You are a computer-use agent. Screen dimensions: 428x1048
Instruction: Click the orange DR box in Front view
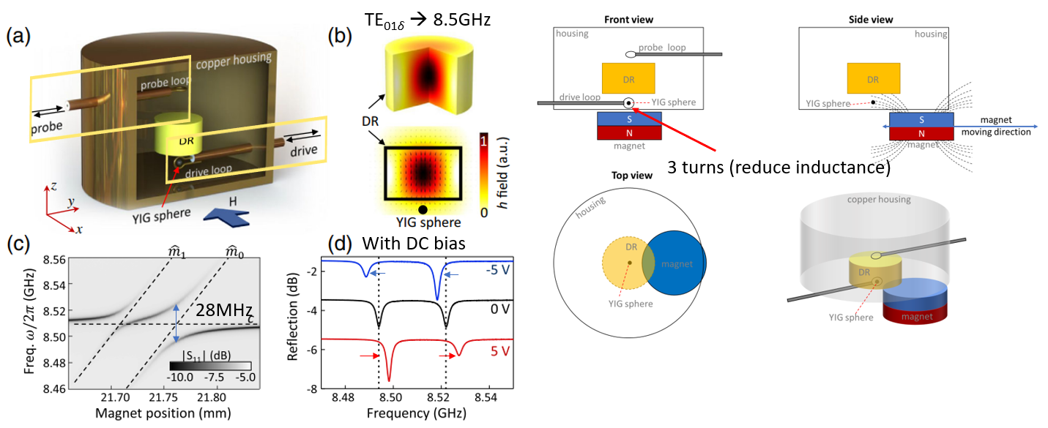(628, 77)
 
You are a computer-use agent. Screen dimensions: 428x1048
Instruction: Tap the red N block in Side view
(921, 132)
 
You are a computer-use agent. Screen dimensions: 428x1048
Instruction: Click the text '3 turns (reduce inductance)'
(778, 168)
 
